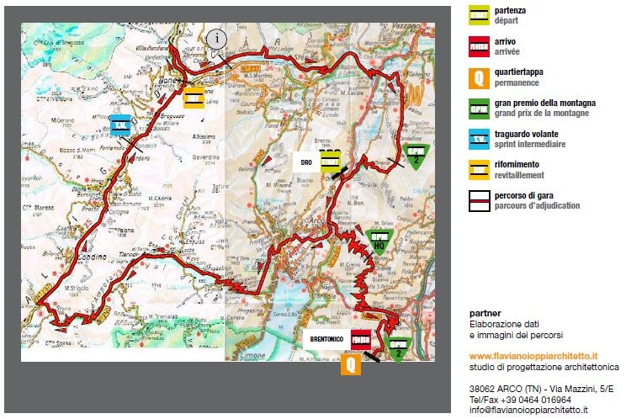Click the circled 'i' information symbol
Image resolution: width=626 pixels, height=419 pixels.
point(218,38)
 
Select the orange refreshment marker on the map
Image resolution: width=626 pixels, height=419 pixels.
point(193,97)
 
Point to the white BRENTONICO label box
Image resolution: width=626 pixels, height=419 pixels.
point(326,339)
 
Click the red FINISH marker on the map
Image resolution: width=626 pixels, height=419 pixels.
point(361,340)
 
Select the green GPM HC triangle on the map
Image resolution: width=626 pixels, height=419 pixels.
point(379,241)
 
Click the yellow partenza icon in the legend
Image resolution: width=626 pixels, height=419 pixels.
point(480,14)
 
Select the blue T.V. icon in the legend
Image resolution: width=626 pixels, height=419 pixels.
point(480,139)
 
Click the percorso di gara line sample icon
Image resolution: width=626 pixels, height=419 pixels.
point(480,200)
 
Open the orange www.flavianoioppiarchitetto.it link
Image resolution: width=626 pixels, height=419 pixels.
point(533,357)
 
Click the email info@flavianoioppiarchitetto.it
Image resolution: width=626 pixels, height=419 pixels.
point(528,410)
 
